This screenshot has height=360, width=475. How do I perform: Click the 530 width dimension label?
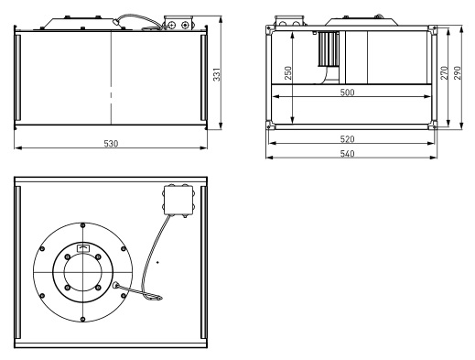111,143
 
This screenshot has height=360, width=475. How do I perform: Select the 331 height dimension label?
217,74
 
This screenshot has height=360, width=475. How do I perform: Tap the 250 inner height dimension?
288,73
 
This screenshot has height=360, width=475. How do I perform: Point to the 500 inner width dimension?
347,93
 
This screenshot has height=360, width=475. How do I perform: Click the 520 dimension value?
347,139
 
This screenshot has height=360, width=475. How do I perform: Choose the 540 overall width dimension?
347,153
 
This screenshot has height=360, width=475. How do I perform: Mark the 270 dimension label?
444,73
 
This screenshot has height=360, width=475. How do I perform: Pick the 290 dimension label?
458,73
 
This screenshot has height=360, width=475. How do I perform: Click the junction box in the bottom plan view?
178,201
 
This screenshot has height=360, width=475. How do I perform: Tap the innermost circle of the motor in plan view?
82,272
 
